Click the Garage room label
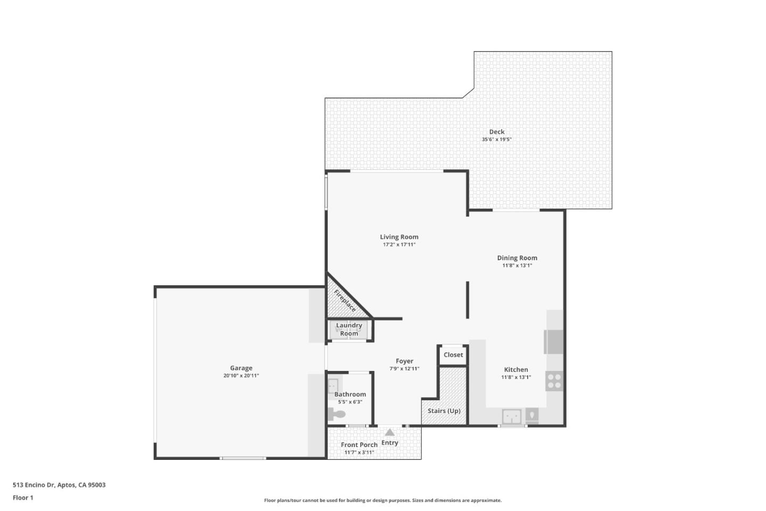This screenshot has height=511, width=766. pos(241,368)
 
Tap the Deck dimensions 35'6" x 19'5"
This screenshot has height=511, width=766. pos(496,139)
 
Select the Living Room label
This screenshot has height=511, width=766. pos(399,237)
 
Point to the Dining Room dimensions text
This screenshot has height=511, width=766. pos(517,265)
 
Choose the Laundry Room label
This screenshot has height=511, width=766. pos(349,329)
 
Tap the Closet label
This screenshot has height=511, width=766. pos(453,355)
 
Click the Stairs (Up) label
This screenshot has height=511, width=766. pos(444,411)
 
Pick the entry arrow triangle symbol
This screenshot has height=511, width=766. pos(389,432)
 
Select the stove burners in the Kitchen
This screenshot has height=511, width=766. pos(554,381)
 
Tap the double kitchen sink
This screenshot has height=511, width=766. pos(512,417)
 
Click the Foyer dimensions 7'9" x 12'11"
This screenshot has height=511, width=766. pos(404,369)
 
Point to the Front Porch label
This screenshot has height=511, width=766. pos(359,444)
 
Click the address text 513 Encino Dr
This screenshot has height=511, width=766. pos(34,484)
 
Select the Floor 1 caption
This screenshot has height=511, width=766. pos(23,498)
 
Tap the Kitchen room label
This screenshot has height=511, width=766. pos(516,369)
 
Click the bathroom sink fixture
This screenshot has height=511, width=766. pos(333,386)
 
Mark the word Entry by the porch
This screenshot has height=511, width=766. pos(390,443)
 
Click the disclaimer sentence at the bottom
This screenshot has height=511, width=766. pos(382,500)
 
